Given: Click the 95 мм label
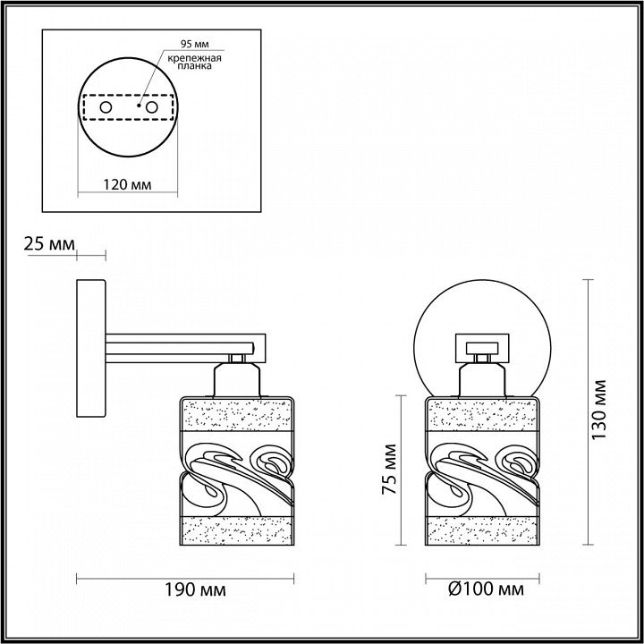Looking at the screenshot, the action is pyautogui.click(x=195, y=44).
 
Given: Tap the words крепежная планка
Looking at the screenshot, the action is pyautogui.click(x=195, y=62).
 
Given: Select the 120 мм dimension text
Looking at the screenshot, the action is pyautogui.click(x=127, y=185).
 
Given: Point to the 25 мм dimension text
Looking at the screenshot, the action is pyautogui.click(x=49, y=244).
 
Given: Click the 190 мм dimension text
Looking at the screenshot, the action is pyautogui.click(x=196, y=590).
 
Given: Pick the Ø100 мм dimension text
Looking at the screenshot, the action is pyautogui.click(x=487, y=589).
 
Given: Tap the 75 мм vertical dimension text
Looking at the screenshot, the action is pyautogui.click(x=389, y=469).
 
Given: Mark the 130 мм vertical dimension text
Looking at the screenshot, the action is pyautogui.click(x=599, y=409).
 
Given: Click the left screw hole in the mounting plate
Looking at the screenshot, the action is pyautogui.click(x=106, y=107).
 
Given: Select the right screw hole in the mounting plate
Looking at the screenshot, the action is pyautogui.click(x=151, y=107).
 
